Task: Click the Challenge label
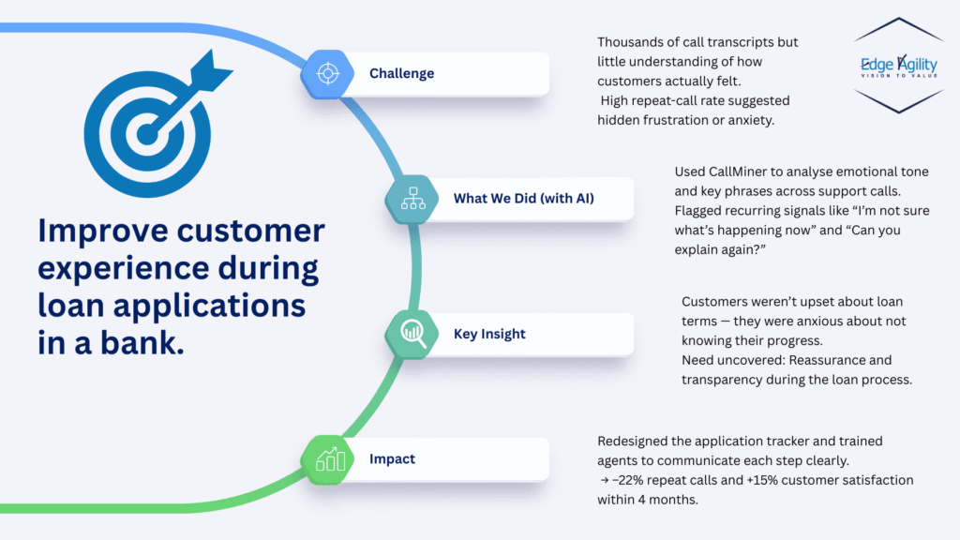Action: click(401, 73)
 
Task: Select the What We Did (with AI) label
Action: click(523, 199)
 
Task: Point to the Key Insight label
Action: click(489, 334)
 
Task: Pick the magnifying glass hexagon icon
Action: click(412, 333)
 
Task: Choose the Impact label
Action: click(392, 459)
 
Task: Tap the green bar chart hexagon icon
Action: click(329, 459)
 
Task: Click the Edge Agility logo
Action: click(898, 66)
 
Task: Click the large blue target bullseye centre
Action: click(142, 134)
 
